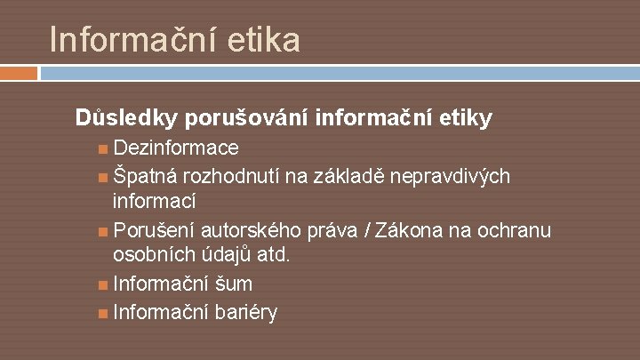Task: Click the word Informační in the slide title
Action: click(x=129, y=40)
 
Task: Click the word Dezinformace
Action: click(x=176, y=147)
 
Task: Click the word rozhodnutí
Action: click(x=236, y=176)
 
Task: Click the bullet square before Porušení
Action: click(x=104, y=232)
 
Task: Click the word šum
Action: click(x=233, y=284)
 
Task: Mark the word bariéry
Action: click(x=245, y=312)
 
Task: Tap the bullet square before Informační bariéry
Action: click(x=104, y=313)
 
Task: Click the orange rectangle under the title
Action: click(x=19, y=72)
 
